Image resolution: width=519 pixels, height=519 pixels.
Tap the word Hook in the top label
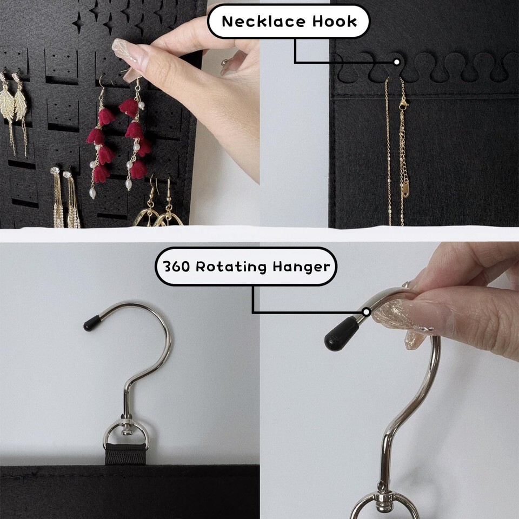click(x=335, y=22)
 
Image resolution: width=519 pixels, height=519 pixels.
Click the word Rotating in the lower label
click(x=231, y=267)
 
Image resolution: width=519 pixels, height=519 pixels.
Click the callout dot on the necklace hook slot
click(x=396, y=62)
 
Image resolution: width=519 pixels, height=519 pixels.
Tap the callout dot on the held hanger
click(x=366, y=312)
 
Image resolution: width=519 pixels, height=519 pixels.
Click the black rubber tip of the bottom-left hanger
click(x=92, y=323)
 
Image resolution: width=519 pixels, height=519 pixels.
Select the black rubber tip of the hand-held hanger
click(x=341, y=334)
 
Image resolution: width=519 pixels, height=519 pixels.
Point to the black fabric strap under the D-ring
click(x=126, y=454)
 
